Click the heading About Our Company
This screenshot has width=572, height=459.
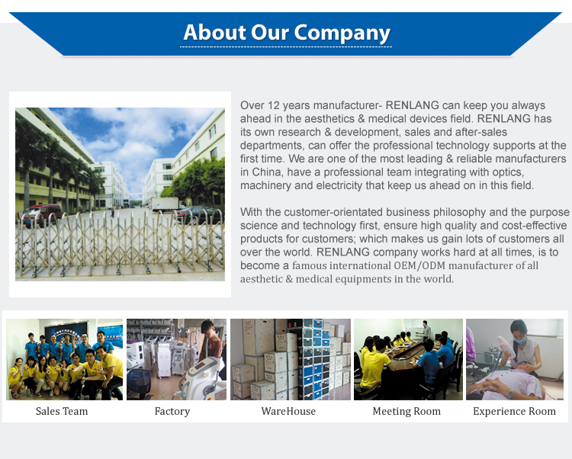tap(287, 33)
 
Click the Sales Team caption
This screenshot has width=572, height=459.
tap(62, 411)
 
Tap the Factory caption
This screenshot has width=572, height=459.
tap(172, 411)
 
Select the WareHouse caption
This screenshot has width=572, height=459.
tap(288, 411)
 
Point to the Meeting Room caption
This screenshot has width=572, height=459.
tap(407, 411)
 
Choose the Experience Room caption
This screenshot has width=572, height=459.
tap(514, 411)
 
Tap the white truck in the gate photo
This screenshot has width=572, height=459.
tap(165, 204)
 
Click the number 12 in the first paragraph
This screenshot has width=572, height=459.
tap(273, 105)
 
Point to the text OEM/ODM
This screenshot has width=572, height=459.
tap(419, 265)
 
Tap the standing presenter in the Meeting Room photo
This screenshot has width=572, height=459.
tap(425, 331)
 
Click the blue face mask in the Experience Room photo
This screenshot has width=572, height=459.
tap(520, 341)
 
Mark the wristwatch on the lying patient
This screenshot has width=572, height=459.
tap(510, 393)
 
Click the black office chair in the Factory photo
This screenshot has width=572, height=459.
tap(140, 384)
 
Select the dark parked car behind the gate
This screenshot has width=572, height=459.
tap(197, 214)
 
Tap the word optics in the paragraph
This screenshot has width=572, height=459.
tap(508, 172)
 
